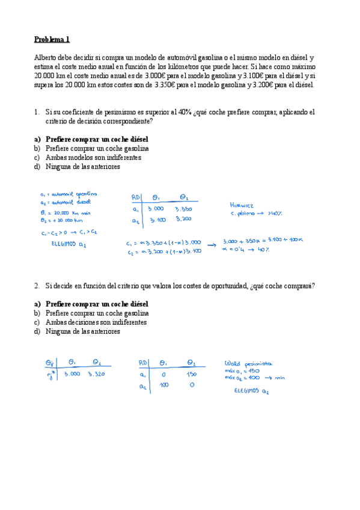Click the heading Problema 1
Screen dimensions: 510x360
click(52, 39)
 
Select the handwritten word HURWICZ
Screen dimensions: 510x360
click(243, 203)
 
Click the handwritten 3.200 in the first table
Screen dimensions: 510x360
click(183, 219)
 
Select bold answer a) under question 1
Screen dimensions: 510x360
click(91, 139)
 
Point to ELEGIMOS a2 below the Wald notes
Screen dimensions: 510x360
click(252, 391)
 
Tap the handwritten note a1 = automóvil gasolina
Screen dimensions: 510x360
click(68, 194)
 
